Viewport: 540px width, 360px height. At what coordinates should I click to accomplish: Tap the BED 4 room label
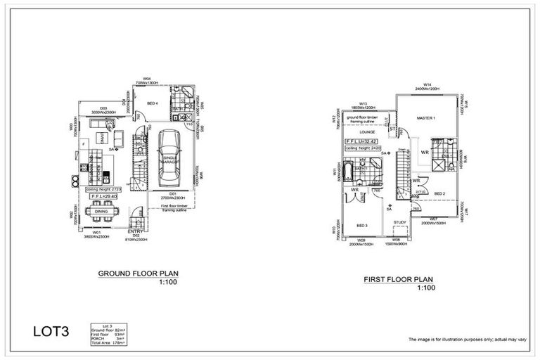(153, 103)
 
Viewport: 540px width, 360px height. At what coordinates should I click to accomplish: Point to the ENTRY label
(136, 231)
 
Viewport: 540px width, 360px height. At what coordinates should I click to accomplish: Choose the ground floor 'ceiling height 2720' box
(104, 190)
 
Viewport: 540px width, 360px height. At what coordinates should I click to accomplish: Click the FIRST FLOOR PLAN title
(398, 279)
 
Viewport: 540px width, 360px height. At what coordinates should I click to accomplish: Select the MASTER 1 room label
(426, 118)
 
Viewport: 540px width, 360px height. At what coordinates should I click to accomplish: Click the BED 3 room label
(362, 226)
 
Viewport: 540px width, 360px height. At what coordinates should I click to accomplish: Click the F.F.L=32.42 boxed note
(361, 141)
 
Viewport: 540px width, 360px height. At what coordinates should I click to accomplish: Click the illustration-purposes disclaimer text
(467, 339)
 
